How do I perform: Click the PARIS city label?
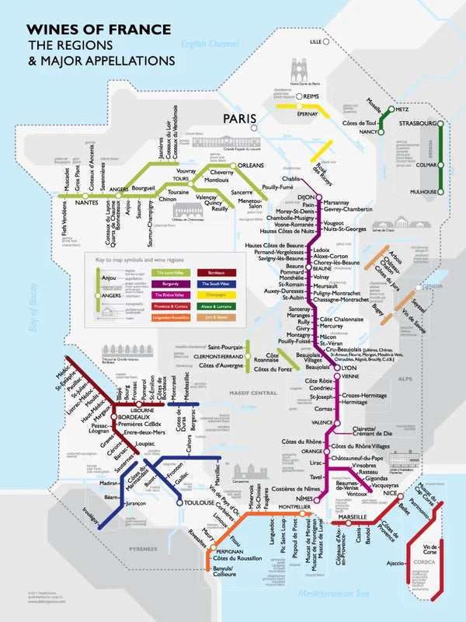(240, 118)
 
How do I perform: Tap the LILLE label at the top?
(315, 41)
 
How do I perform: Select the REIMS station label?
(312, 96)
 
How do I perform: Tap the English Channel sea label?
(210, 44)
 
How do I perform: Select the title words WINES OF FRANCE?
(99, 30)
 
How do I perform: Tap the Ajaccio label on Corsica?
(396, 563)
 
